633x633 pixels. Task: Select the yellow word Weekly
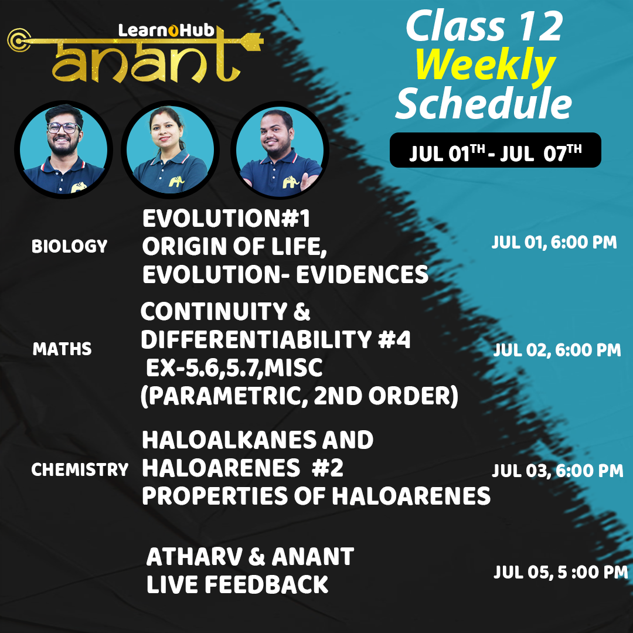(485, 66)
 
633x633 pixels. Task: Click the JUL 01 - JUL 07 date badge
(495, 150)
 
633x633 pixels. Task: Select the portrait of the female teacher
(170, 151)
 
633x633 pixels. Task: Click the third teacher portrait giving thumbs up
(280, 151)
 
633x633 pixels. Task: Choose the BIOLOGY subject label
(69, 246)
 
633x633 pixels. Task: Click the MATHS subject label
(62, 349)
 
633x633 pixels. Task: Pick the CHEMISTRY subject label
(80, 469)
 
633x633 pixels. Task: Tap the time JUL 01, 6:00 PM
(554, 243)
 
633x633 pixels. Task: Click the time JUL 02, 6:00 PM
(557, 350)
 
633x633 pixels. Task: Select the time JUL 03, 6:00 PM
(557, 470)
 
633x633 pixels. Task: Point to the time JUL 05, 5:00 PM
(560, 572)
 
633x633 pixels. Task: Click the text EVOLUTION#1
(226, 220)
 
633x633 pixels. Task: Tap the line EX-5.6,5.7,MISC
(234, 369)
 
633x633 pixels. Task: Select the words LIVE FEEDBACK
(237, 584)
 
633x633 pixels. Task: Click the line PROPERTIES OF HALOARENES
(316, 496)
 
